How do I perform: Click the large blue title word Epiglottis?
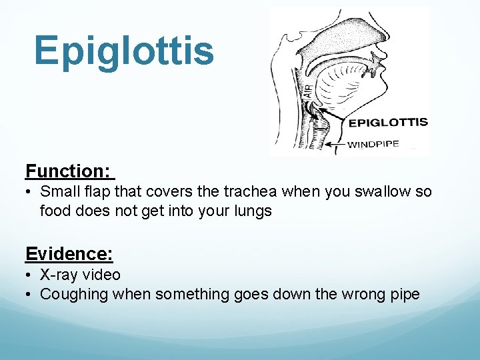coord(124,51)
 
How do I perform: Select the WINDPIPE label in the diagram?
coord(374,144)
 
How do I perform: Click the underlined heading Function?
coord(69,171)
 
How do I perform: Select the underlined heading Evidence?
coord(69,253)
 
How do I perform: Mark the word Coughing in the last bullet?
coord(71,294)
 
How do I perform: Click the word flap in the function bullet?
coord(97,192)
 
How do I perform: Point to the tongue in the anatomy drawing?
coord(347,83)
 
